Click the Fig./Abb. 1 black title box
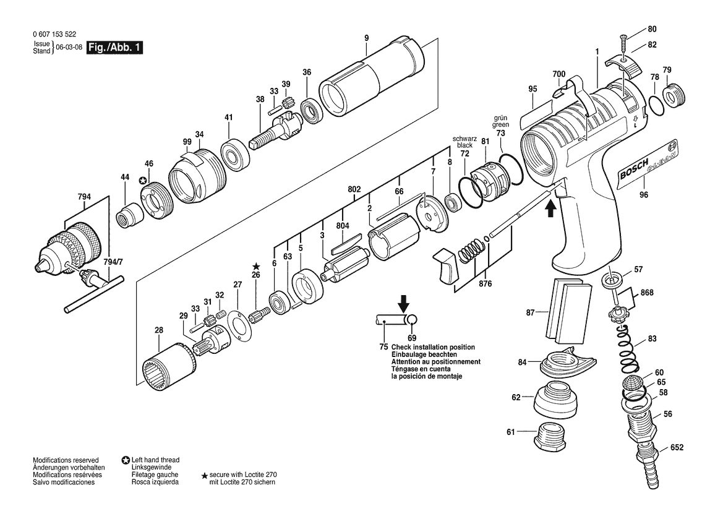point(115,47)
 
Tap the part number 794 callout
point(84,197)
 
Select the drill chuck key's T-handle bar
point(95,294)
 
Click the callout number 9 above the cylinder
point(366,38)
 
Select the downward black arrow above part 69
point(403,304)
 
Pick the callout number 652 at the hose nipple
point(677,447)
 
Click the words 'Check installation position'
point(433,347)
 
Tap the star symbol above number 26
point(256,267)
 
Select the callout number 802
point(354,189)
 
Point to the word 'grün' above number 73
point(500,118)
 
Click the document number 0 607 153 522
point(54,34)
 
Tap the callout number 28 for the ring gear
point(158,330)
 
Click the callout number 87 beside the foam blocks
point(530,312)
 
